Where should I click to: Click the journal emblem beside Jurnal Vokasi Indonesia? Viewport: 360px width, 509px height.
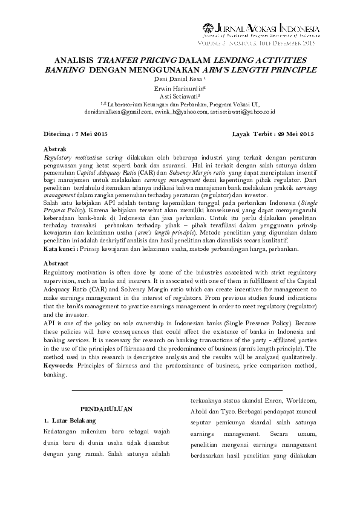pyautogui.click(x=208, y=27)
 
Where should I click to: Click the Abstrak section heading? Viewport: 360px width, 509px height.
pyautogui.click(x=56, y=148)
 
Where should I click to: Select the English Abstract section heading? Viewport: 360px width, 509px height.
pyautogui.click(x=57, y=264)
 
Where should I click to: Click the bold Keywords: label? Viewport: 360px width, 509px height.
pyautogui.click(x=62, y=366)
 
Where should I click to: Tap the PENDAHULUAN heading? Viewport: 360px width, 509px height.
pyautogui.click(x=106, y=409)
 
